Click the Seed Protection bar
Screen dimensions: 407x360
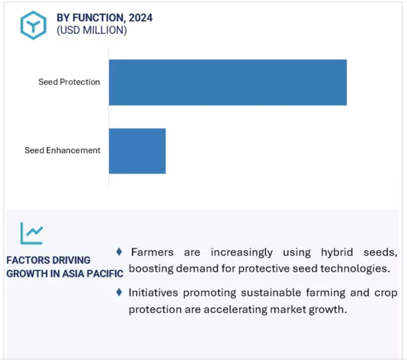(x=228, y=82)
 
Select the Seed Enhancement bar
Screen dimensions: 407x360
(x=137, y=151)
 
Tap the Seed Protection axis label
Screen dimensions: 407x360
(x=69, y=82)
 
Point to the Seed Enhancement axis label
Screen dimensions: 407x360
(x=62, y=150)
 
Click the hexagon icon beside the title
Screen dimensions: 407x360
(x=33, y=25)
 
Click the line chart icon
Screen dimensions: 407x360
(x=32, y=233)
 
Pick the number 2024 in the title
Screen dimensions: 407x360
(x=141, y=18)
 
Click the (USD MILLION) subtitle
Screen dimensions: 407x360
(x=92, y=30)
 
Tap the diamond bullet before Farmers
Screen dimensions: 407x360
(x=119, y=252)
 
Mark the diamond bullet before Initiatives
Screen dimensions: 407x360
(x=119, y=292)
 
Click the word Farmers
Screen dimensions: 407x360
(x=152, y=252)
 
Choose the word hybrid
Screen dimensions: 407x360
(x=337, y=252)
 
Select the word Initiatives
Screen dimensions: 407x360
(x=153, y=293)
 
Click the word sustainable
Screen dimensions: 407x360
(x=270, y=293)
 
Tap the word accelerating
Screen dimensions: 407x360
(x=235, y=309)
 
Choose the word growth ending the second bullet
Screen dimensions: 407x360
(x=328, y=309)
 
